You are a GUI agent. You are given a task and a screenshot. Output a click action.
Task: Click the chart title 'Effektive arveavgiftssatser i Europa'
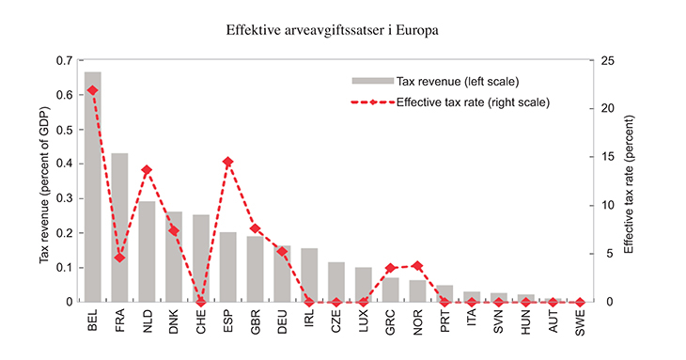tap(343, 30)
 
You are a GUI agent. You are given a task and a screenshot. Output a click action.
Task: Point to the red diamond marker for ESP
tap(228, 162)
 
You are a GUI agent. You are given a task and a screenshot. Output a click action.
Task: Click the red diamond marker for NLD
tap(147, 170)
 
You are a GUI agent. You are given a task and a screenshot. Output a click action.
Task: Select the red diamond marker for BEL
tap(93, 90)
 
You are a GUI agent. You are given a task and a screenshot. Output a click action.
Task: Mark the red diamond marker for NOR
tap(417, 266)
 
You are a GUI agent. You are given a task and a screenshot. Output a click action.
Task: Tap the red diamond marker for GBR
tap(255, 228)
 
